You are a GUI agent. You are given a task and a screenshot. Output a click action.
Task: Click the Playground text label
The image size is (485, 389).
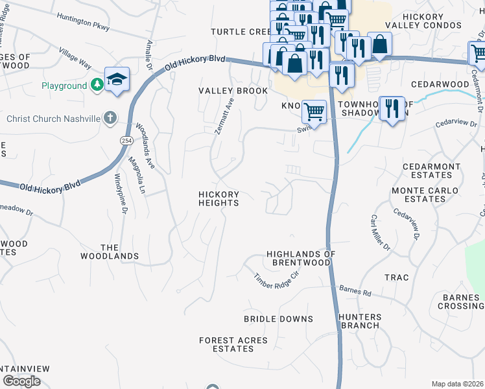[x=64, y=86]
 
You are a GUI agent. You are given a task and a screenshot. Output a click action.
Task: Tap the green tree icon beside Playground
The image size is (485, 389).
[x=97, y=85]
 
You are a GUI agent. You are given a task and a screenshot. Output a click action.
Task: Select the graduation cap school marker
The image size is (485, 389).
[x=117, y=80]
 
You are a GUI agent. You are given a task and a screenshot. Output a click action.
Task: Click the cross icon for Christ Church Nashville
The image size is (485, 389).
[x=110, y=118]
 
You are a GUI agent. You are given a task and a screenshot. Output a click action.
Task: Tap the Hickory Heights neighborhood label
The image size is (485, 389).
[x=219, y=199]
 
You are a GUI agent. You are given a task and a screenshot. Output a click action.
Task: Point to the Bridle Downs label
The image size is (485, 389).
[x=278, y=319]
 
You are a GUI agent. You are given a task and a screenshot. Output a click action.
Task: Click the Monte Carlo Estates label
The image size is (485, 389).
[x=425, y=194]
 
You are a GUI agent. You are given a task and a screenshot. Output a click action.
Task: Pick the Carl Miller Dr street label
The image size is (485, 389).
[x=380, y=233]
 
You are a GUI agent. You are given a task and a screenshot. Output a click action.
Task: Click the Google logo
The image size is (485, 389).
[x=22, y=381]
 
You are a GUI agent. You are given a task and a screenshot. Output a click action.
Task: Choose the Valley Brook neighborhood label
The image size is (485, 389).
[x=233, y=91]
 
